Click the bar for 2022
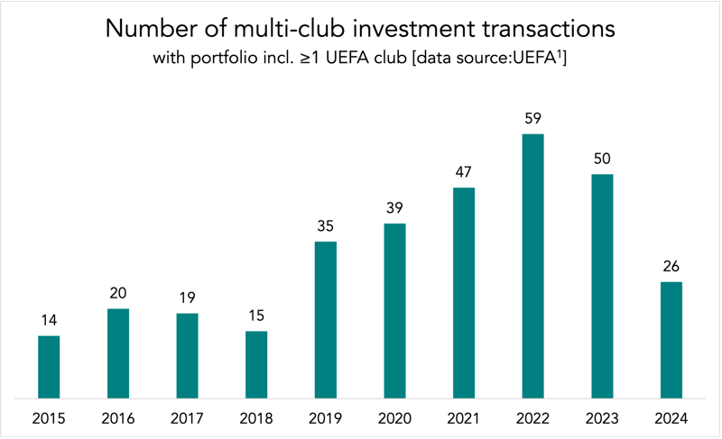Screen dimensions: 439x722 (x=532, y=266)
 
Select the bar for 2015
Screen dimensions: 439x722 (x=49, y=367)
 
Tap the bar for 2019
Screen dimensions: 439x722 (x=325, y=320)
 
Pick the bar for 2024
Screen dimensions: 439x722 (x=671, y=340)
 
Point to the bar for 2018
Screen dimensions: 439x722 (x=256, y=364)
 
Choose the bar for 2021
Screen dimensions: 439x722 (x=464, y=293)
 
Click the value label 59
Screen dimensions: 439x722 (x=532, y=117)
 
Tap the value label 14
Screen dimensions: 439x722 (x=49, y=319)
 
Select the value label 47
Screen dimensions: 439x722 (x=464, y=171)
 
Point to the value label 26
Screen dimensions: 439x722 (x=671, y=266)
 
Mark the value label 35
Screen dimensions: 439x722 (x=325, y=225)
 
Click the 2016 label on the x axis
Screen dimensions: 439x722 (x=118, y=419)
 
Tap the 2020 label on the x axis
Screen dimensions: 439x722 (x=394, y=419)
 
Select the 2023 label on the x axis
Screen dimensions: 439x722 (x=602, y=419)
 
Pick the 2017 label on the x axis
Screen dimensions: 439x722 (x=187, y=419)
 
